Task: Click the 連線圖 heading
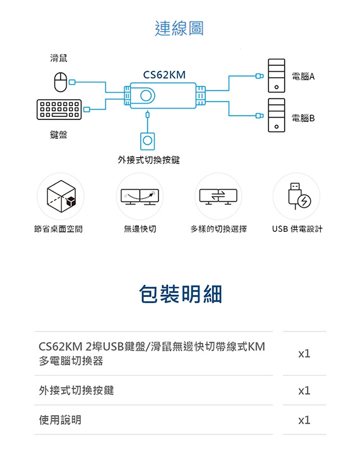pos(179,28)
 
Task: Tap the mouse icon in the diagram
pos(61,82)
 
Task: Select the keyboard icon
pos(59,109)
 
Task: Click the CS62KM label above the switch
pos(164,75)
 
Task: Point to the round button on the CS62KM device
pos(148,95)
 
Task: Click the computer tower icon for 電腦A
pos(276,76)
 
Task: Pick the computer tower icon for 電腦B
pos(276,115)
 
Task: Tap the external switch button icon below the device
pos(147,141)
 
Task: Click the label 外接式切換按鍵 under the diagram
pos(148,160)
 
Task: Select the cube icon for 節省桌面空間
pos(61,196)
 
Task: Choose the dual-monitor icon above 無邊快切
pos(140,197)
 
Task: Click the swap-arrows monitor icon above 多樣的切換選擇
pos(218,196)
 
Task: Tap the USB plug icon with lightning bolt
pos(299,196)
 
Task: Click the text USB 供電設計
pos(297,229)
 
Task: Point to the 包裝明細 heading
pos(181,294)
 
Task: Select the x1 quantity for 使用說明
pos(304,420)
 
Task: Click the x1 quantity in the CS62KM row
pos(304,354)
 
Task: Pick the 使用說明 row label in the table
pos(60,420)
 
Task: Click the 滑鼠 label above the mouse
pos(59,58)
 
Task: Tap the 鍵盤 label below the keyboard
pos(59,135)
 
